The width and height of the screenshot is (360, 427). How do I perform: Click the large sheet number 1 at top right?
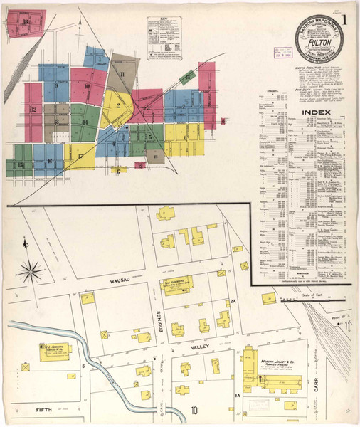click(346, 20)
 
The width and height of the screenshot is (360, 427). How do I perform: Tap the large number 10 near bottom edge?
click(194, 410)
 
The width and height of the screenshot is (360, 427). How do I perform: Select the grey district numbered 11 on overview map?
click(122, 75)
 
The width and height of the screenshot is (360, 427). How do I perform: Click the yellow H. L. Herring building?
click(55, 352)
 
